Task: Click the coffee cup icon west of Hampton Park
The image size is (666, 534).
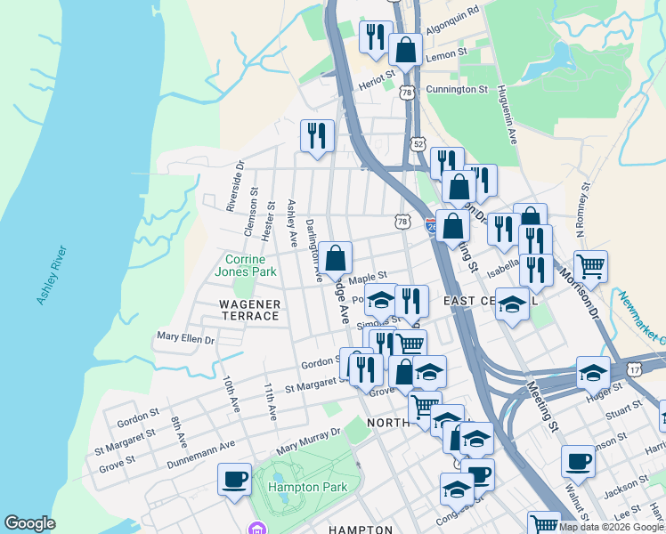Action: click(235, 479)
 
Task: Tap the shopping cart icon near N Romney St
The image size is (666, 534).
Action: click(590, 264)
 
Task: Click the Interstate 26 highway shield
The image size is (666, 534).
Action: click(431, 224)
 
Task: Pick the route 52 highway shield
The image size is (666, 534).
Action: click(418, 143)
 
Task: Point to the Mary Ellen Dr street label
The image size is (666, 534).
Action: click(185, 338)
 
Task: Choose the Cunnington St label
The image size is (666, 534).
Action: click(457, 89)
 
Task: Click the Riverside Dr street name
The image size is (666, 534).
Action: click(234, 186)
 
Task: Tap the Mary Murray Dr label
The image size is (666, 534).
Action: click(308, 439)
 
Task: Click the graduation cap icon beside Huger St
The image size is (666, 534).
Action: click(593, 374)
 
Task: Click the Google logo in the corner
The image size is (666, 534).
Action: click(29, 523)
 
